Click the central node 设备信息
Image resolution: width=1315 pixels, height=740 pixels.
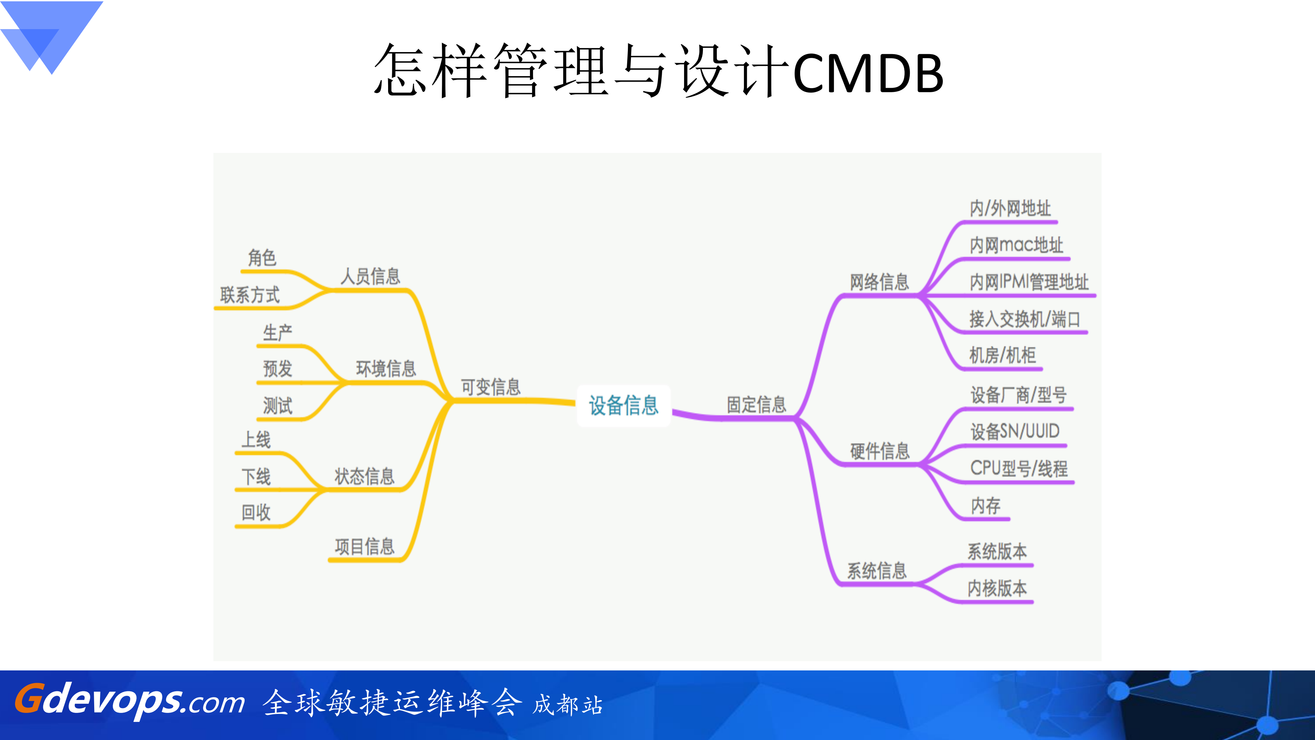pos(623,405)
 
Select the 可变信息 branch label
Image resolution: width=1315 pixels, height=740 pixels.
pos(491,387)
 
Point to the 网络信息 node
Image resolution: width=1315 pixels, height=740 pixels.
pos(879,282)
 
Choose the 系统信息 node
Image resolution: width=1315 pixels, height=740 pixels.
pos(877,570)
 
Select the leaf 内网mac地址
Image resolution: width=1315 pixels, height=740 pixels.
pos(1016,245)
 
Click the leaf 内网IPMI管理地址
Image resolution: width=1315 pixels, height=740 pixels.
pos(1029,282)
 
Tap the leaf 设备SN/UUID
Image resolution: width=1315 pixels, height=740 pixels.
pos(1015,432)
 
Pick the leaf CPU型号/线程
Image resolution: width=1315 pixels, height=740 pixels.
pos(1018,468)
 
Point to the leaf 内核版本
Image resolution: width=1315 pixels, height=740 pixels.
pos(997,588)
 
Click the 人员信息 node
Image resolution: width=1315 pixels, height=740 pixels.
pos(370,276)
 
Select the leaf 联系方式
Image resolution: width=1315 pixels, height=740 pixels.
pos(250,295)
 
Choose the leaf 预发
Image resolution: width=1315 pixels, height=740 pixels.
pos(277,368)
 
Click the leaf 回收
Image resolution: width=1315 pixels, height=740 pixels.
pos(256,512)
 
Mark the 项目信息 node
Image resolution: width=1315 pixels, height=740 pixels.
pos(364,546)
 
